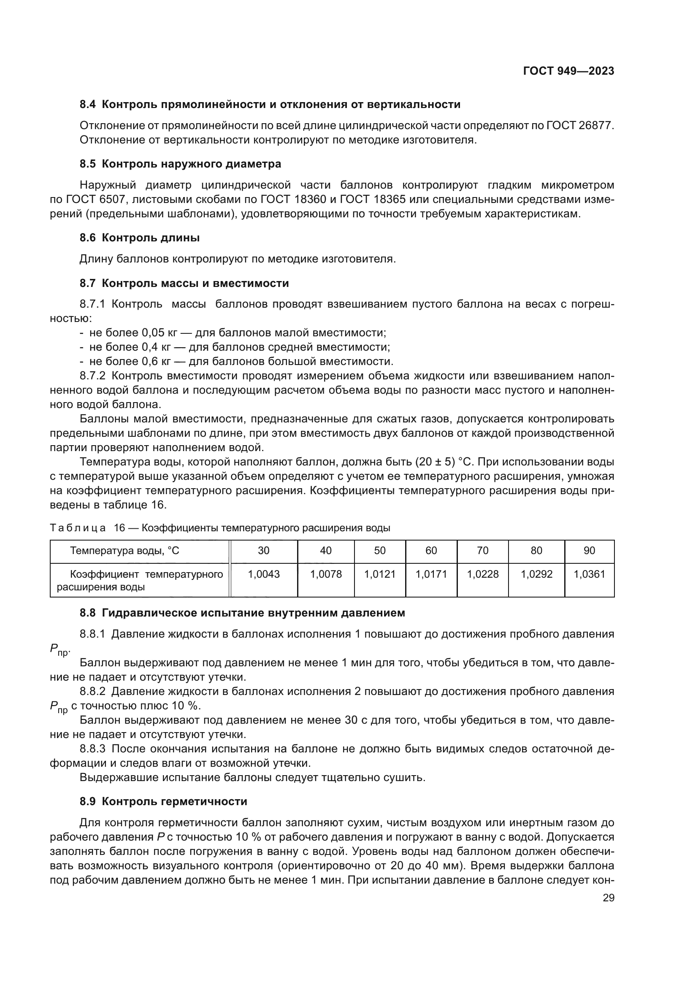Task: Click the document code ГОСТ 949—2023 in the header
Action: (568, 71)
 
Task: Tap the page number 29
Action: (608, 898)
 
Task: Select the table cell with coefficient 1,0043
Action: (263, 574)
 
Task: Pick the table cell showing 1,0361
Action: (589, 574)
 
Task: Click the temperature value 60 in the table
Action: (431, 551)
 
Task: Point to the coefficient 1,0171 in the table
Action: (431, 574)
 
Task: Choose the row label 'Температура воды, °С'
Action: (124, 551)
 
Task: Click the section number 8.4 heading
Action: (88, 105)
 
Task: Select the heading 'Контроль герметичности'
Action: (175, 802)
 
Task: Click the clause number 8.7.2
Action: (92, 376)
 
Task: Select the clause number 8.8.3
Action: (92, 749)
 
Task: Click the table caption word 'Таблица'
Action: (77, 528)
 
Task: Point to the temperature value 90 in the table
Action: (589, 551)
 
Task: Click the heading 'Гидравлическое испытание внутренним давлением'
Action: (254, 613)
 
